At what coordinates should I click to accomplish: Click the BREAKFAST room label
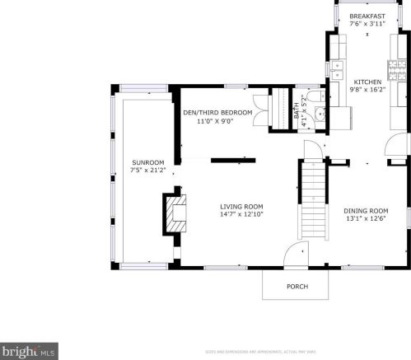click(x=367, y=16)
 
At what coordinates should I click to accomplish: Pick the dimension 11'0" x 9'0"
click(x=214, y=121)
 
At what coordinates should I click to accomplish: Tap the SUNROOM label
click(x=148, y=162)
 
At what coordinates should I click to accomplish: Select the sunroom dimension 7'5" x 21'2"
click(x=148, y=171)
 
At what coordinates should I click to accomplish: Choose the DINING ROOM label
click(x=366, y=210)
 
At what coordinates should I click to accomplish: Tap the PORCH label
click(x=297, y=287)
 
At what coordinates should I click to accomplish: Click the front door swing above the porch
click(x=295, y=256)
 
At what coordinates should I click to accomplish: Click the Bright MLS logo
click(x=28, y=352)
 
